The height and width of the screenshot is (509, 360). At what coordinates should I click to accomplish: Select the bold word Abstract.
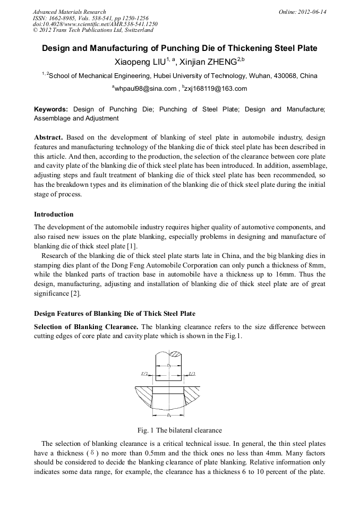[49, 137]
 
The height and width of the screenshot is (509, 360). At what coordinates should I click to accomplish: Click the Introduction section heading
[54, 214]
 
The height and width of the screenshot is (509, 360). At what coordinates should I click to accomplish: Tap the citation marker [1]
[132, 246]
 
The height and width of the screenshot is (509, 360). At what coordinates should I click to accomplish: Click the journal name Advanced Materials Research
[69, 12]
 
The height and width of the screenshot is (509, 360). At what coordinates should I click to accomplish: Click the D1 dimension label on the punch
[168, 366]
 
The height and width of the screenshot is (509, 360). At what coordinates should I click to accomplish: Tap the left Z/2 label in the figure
[144, 374]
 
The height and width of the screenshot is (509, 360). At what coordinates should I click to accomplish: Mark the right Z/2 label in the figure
[192, 374]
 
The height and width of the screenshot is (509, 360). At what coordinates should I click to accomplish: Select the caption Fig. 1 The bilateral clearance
[179, 430]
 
